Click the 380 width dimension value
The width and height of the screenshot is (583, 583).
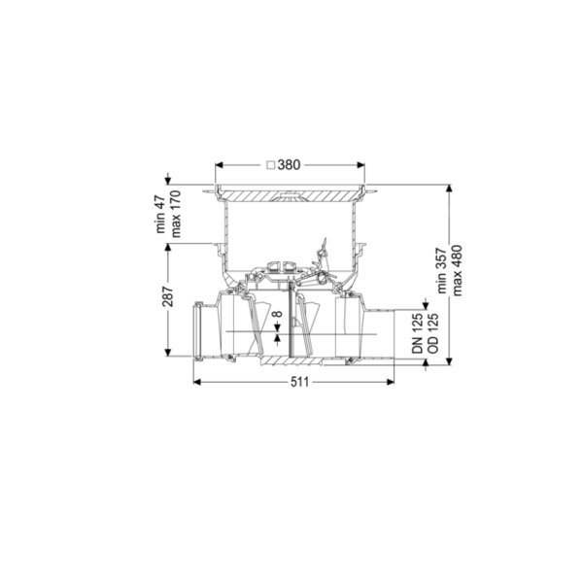(x=289, y=165)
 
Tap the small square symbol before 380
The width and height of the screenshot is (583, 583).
(x=271, y=165)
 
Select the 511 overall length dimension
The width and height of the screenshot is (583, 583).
(x=299, y=382)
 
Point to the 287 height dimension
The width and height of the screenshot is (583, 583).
(x=168, y=296)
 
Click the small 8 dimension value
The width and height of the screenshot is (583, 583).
(x=277, y=314)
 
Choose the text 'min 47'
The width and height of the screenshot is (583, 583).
(x=160, y=214)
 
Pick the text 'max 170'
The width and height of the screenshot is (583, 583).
(x=176, y=214)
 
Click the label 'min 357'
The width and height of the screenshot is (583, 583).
(x=442, y=270)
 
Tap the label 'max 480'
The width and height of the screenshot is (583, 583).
(x=458, y=270)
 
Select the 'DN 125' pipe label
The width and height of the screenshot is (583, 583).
(x=418, y=333)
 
